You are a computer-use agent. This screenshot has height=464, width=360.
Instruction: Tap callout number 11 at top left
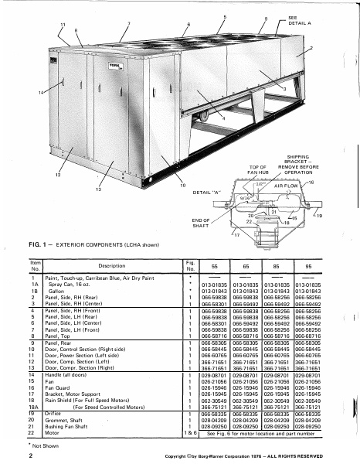[x=63, y=26]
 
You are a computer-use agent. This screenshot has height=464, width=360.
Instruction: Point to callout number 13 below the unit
[x=98, y=189]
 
